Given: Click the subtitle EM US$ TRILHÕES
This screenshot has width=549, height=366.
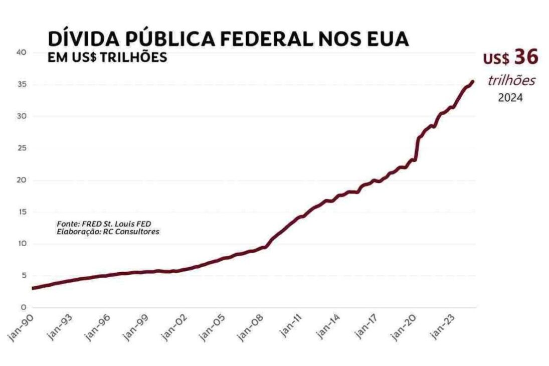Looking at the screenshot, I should click(x=107, y=58).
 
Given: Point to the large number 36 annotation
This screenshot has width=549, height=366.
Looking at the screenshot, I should click(x=526, y=58).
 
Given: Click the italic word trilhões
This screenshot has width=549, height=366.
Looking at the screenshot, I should click(x=511, y=81).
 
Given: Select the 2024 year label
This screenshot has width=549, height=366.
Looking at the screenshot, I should click(x=510, y=98).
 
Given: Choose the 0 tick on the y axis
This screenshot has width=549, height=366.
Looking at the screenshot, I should click(x=23, y=308).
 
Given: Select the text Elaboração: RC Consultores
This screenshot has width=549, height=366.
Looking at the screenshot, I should click(x=108, y=232).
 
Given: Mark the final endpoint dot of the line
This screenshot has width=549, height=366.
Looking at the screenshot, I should click(x=472, y=82).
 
